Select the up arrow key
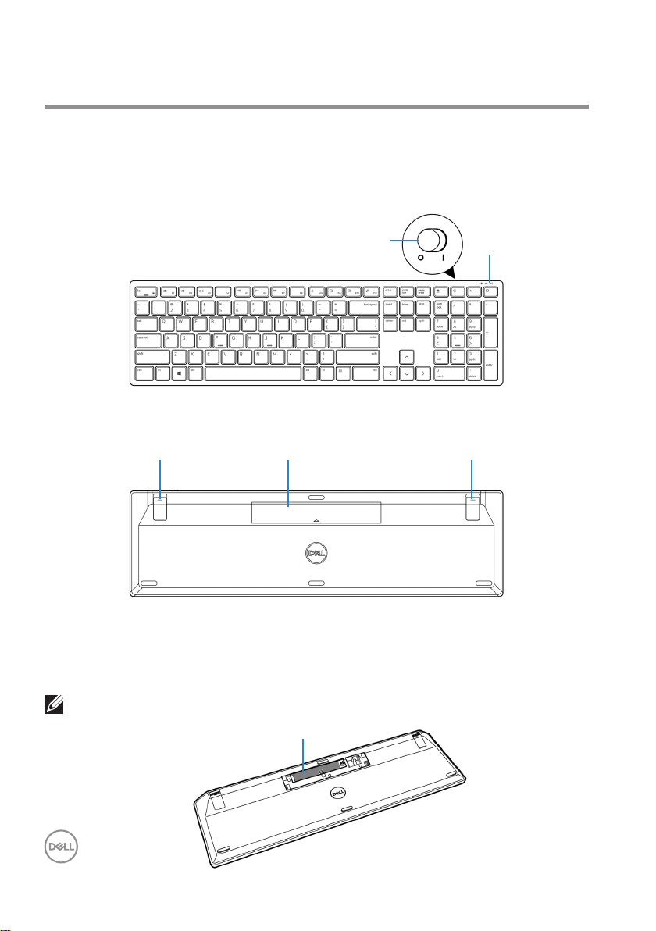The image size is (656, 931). (407, 357)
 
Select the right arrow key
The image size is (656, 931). (423, 373)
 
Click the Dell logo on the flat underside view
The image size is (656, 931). (316, 551)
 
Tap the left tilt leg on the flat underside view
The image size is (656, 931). (160, 506)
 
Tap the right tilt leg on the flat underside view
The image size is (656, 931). (473, 506)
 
